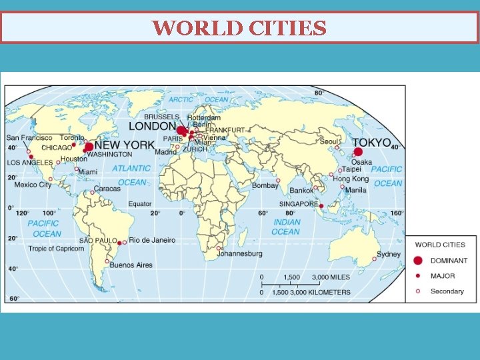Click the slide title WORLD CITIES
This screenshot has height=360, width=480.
[x=239, y=28]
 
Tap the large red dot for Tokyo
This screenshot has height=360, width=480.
[x=358, y=152]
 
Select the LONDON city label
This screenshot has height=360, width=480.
[x=152, y=126]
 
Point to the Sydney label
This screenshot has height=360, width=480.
[x=389, y=254]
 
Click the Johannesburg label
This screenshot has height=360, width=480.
[x=240, y=254]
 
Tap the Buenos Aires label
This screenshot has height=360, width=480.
[x=131, y=265]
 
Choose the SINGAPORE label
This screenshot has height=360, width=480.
[x=297, y=204]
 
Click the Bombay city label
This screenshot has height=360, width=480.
[x=265, y=186]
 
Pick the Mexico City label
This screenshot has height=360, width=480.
[x=33, y=185]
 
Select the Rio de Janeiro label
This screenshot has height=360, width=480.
[x=153, y=240]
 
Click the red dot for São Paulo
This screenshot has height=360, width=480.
[x=119, y=243]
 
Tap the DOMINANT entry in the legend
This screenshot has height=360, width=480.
[x=449, y=261]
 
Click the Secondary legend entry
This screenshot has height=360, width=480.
[x=447, y=291]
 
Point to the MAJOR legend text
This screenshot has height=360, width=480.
[x=443, y=276]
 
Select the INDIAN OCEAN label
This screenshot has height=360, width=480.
[x=286, y=227]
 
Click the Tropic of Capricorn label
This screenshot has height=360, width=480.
[x=56, y=249]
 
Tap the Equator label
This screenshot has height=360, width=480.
[x=139, y=204]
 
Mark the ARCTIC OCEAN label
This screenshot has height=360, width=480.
[x=198, y=100]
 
